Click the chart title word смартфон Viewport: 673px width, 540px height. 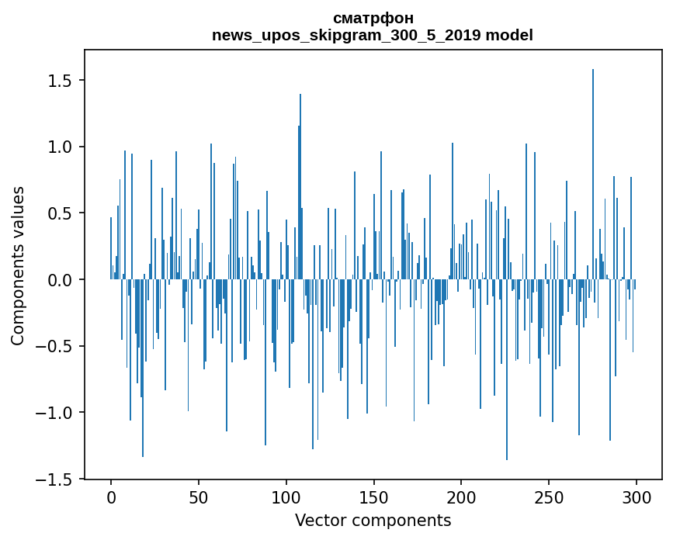[x=373, y=18]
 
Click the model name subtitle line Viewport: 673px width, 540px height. [x=373, y=35]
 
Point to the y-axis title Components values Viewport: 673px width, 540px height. [x=18, y=265]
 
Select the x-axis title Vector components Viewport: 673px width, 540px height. [x=373, y=520]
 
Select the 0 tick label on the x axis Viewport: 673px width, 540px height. [x=111, y=497]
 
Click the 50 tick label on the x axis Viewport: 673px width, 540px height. [x=199, y=497]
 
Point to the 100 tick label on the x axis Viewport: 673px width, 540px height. [x=286, y=497]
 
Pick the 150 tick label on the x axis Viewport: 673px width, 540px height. [x=374, y=497]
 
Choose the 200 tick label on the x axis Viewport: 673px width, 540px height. [x=462, y=497]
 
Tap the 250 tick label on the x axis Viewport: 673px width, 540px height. [x=550, y=497]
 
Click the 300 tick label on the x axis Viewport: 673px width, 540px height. [x=637, y=497]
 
